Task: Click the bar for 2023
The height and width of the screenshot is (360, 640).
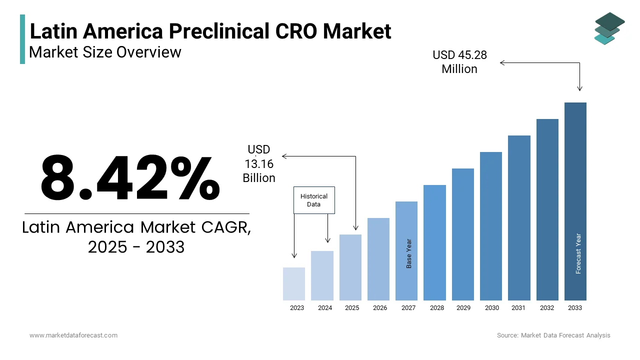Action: [294, 283]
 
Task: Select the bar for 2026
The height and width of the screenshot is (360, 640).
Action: [378, 259]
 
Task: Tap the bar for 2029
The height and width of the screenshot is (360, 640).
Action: [463, 234]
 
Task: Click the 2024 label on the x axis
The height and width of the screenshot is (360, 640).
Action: [325, 308]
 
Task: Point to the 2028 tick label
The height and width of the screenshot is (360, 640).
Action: [437, 308]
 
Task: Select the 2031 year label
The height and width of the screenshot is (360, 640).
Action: [518, 308]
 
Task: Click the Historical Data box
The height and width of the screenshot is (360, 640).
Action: [314, 200]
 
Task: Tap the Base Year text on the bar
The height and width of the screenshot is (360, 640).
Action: [409, 253]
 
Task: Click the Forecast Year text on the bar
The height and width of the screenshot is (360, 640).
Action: [578, 253]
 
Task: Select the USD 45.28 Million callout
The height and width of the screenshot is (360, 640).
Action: [459, 62]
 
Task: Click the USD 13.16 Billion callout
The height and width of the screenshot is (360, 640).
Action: [259, 163]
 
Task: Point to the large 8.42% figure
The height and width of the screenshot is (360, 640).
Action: [130, 177]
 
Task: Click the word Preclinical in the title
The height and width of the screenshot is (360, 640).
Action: [219, 31]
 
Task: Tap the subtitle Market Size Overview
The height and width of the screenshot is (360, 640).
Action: [105, 51]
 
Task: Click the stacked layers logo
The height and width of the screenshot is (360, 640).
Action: [609, 28]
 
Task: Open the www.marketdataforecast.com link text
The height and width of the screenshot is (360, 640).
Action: [73, 335]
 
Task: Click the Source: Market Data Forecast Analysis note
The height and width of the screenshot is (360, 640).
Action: [553, 335]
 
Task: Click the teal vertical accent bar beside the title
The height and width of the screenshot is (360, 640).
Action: [22, 39]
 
